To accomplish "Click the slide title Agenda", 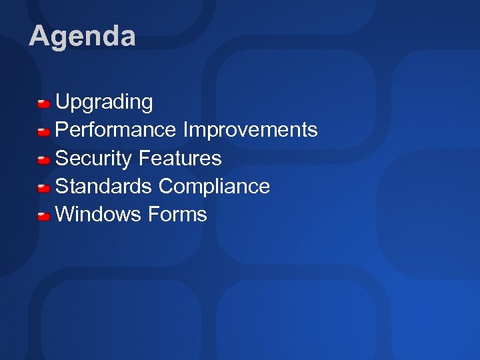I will tap(82, 36).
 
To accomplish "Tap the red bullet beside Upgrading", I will tap(44, 103).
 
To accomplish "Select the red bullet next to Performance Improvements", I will tap(44, 131).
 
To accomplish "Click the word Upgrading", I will tap(104, 103).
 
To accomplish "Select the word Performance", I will tap(116, 130).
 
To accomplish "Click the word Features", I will tap(180, 158).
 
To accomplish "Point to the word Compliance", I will tap(214, 187).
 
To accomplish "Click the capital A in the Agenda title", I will tap(39, 36).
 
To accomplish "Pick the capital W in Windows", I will tap(65, 214).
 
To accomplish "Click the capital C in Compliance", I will tap(166, 186).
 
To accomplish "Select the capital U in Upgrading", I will tap(63, 102).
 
